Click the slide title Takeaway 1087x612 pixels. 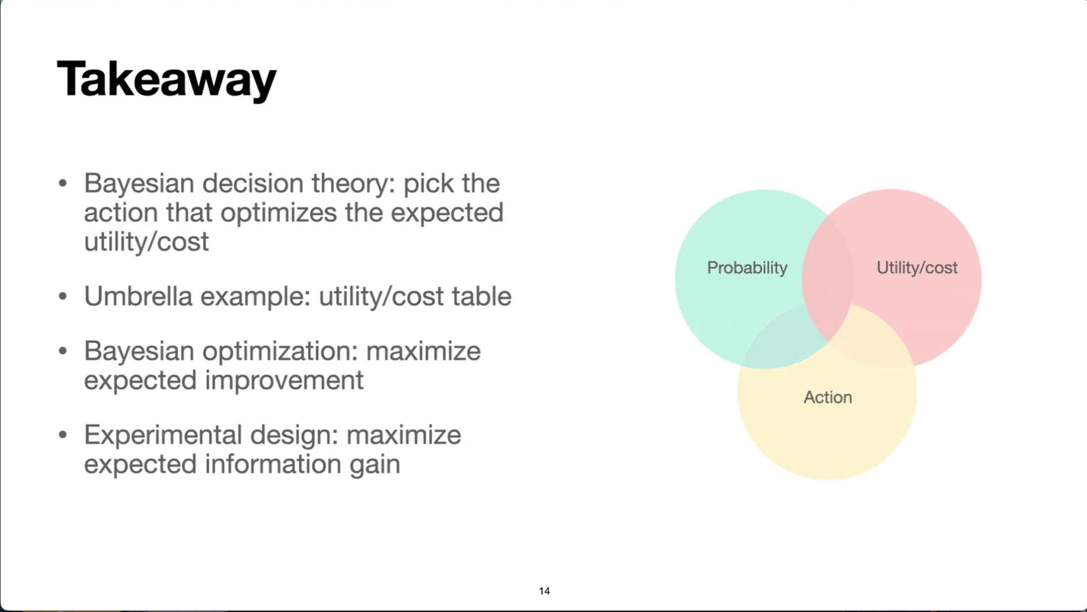(x=167, y=80)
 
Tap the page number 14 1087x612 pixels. (x=544, y=591)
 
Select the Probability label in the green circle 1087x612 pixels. (x=747, y=268)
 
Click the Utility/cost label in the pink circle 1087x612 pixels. (x=917, y=268)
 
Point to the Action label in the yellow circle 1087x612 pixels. (x=828, y=397)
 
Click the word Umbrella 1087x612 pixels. (x=138, y=296)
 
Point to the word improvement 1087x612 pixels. (x=284, y=380)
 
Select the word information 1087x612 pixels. (x=273, y=464)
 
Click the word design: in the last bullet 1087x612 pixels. (x=294, y=436)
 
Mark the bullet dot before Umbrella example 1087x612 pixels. (x=62, y=296)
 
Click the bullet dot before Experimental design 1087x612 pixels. (x=62, y=435)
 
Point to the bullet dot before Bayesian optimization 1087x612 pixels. (x=62, y=351)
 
